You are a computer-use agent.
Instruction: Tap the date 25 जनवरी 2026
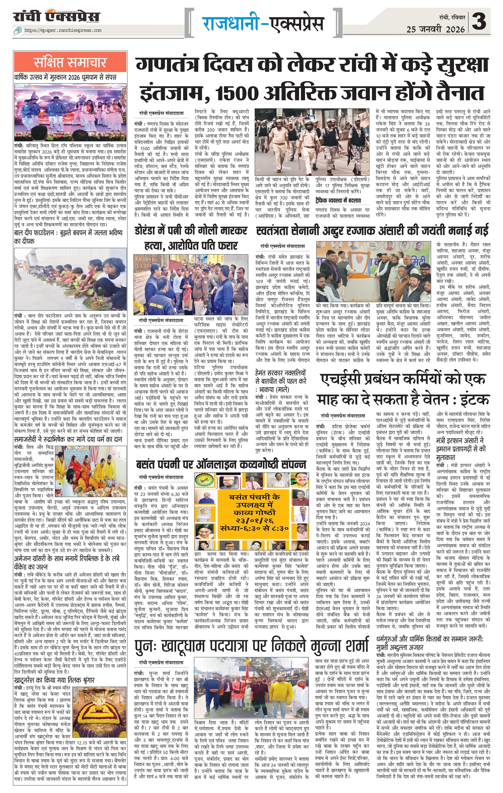coord(435,30)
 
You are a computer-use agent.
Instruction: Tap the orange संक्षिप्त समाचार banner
coord(70,62)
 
